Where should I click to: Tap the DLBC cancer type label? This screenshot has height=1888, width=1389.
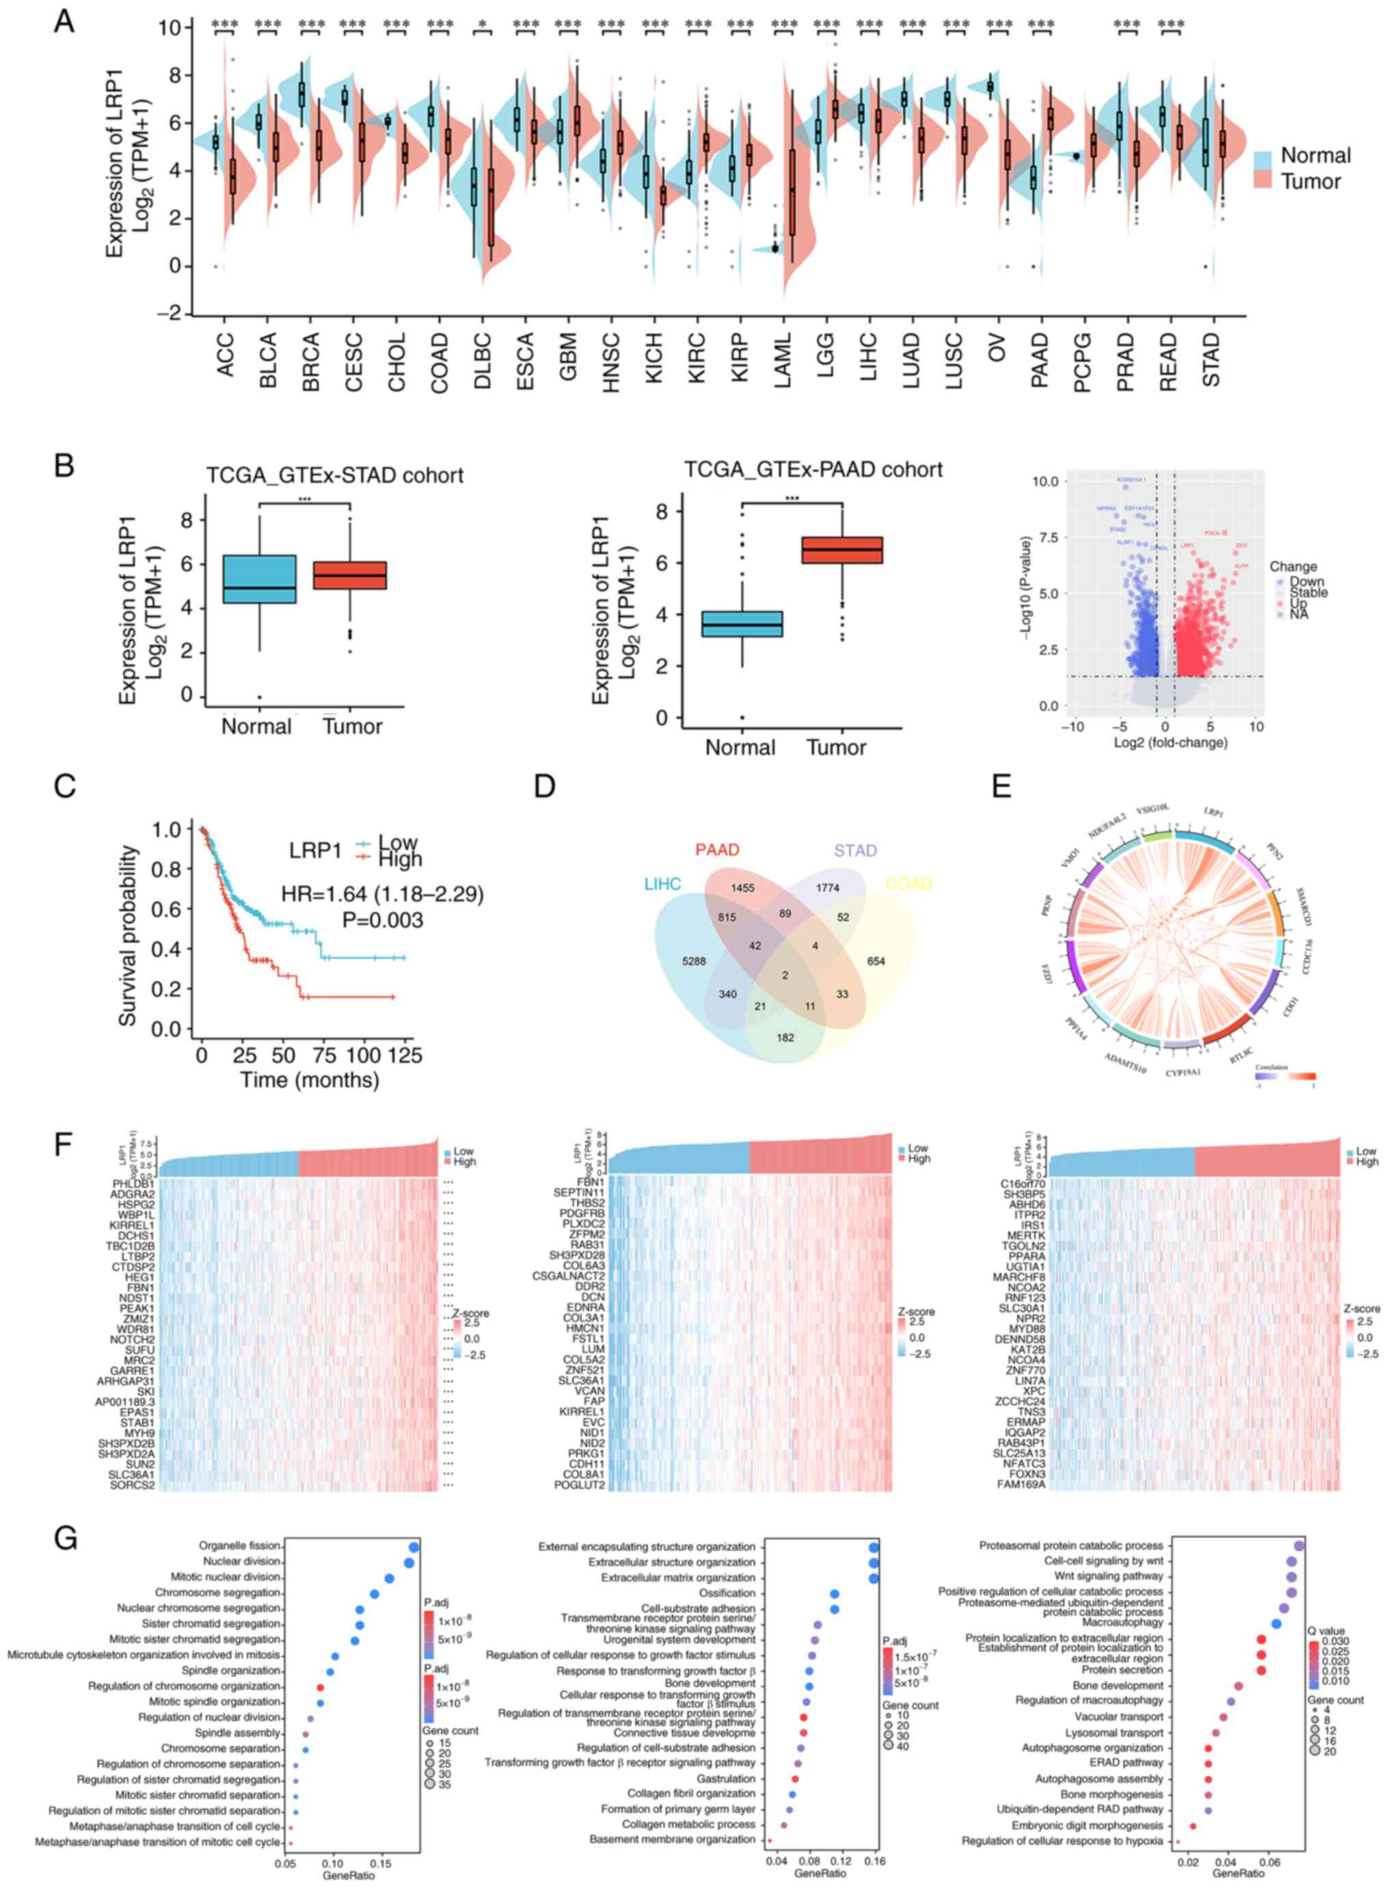point(483,360)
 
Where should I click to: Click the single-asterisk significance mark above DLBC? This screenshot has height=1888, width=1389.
point(482,25)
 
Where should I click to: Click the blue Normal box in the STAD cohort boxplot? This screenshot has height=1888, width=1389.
point(260,578)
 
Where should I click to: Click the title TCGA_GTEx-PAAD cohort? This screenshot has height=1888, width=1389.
point(812,469)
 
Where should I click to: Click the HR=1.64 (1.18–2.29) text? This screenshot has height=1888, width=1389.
point(383,893)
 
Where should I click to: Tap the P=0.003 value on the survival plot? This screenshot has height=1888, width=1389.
point(383,921)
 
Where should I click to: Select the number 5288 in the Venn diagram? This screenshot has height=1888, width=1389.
point(694,961)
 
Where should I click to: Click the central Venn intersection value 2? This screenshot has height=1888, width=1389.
point(785,975)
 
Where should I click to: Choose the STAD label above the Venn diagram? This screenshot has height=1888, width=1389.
point(855,850)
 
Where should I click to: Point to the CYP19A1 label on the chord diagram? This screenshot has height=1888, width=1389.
point(1183,1073)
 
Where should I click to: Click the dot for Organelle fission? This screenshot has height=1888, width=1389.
point(413,1547)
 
